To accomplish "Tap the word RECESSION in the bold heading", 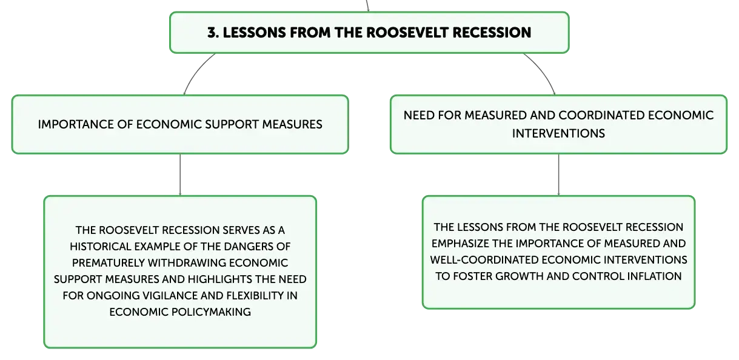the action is tap(492, 33).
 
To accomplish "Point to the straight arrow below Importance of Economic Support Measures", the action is tap(180, 175).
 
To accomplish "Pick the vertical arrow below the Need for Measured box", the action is tap(558, 175).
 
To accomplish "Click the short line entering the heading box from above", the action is tap(367, 6).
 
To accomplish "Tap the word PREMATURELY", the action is tap(107, 263).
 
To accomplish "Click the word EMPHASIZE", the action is tap(460, 244).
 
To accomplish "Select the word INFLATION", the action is tap(655, 276).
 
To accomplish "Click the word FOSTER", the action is tap(472, 276).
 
